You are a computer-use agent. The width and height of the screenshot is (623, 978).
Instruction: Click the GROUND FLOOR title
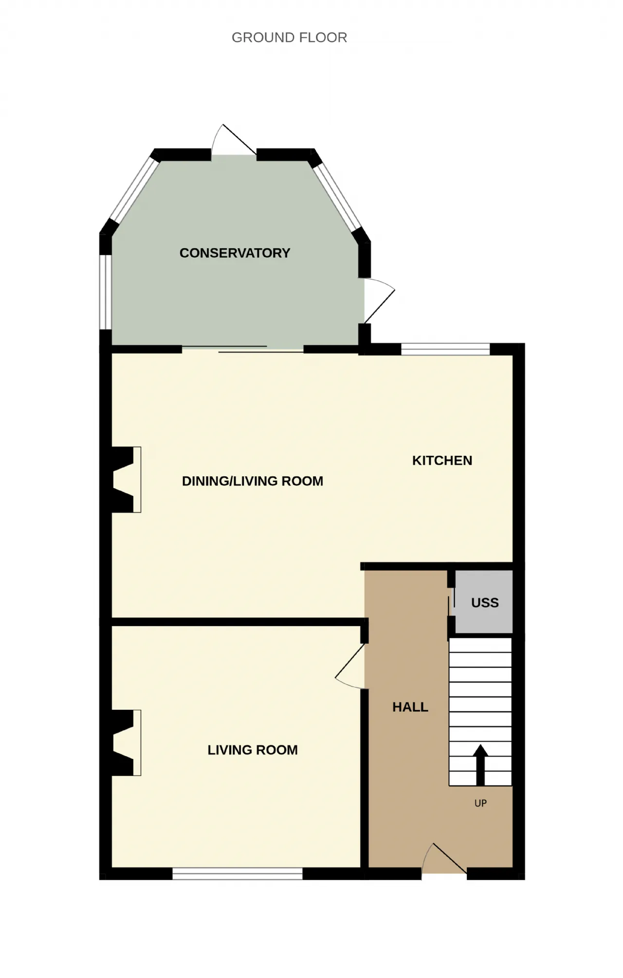[x=289, y=37]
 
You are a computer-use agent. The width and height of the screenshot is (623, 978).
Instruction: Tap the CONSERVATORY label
[x=235, y=253]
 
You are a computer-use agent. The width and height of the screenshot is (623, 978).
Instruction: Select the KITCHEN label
[x=442, y=460]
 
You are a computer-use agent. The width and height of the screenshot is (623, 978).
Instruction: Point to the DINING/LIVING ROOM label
[x=252, y=481]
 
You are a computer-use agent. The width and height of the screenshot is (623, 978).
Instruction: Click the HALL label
[x=410, y=707]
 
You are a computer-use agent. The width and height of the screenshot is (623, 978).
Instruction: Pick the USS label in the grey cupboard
[x=485, y=603]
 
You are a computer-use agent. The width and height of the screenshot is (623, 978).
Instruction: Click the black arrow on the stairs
[x=480, y=764]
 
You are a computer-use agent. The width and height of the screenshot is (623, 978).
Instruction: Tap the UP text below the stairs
[x=480, y=803]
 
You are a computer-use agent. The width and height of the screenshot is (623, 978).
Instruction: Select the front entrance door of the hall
[x=444, y=860]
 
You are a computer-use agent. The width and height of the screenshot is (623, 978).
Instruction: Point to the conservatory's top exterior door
[x=234, y=141]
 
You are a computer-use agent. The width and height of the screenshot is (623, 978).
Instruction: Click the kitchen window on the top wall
[x=445, y=349]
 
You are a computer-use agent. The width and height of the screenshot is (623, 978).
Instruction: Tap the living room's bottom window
[x=238, y=873]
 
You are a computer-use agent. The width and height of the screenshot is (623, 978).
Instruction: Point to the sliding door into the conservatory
[x=243, y=348]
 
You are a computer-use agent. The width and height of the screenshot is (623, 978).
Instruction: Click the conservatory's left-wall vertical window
[x=106, y=292]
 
